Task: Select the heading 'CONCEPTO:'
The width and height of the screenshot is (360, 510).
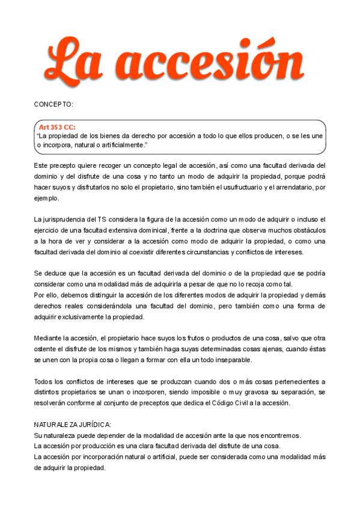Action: point(53,104)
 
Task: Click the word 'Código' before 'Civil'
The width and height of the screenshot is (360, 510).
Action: point(216,403)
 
